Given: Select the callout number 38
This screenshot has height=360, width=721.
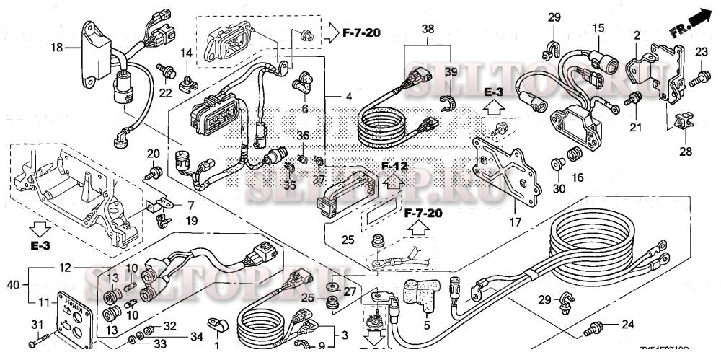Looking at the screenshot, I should point(428,30).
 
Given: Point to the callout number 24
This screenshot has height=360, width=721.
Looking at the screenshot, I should point(628,324).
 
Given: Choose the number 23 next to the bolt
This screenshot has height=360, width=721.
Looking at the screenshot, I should point(702,51).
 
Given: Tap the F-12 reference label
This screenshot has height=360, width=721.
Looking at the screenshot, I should point(394,166).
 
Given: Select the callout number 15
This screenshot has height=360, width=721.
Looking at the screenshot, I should point(598,28).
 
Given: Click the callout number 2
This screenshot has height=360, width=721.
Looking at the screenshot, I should point(637,35).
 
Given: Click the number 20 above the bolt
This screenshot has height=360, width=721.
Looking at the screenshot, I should point(153,153).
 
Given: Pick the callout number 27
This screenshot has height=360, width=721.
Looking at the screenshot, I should point(349,291).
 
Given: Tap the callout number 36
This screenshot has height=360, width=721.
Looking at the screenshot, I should point(303,135).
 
